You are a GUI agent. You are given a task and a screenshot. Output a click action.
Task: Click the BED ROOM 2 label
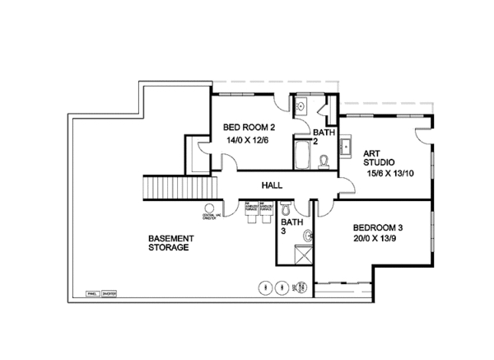pyautogui.click(x=249, y=127)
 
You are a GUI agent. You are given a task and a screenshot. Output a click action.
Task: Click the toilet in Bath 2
pyautogui.click(x=325, y=160)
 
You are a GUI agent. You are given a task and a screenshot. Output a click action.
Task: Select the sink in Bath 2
pyautogui.click(x=301, y=106)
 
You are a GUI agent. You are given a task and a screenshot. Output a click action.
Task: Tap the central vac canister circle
pyautogui.click(x=209, y=208)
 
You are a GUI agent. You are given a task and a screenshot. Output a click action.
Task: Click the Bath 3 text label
pyautogui.click(x=291, y=227)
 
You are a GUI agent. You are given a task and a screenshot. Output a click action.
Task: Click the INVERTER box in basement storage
pyautogui.click(x=110, y=292)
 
